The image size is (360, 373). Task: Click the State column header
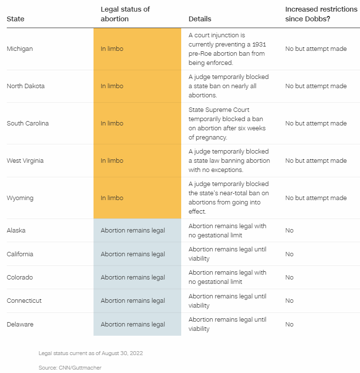(16, 19)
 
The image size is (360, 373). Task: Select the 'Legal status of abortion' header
(125, 14)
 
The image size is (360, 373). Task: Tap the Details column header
(200, 19)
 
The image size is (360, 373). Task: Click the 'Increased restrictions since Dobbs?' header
(321, 14)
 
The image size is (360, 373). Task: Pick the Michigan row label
(20, 49)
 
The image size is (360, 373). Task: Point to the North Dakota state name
(25, 86)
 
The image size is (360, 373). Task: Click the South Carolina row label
(28, 124)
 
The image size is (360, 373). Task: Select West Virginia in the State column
(24, 161)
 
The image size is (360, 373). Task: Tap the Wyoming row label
(20, 198)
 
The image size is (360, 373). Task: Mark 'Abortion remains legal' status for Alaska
(133, 231)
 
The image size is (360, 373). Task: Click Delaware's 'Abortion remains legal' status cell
(133, 325)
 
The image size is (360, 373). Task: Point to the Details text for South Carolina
(227, 124)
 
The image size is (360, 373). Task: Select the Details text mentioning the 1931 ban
(227, 49)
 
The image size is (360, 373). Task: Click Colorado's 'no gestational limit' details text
(227, 278)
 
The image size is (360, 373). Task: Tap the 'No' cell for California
(289, 254)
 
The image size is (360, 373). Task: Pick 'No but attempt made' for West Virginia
(316, 161)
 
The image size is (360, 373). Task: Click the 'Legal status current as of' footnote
(91, 353)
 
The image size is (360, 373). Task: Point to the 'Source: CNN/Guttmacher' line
(70, 368)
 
